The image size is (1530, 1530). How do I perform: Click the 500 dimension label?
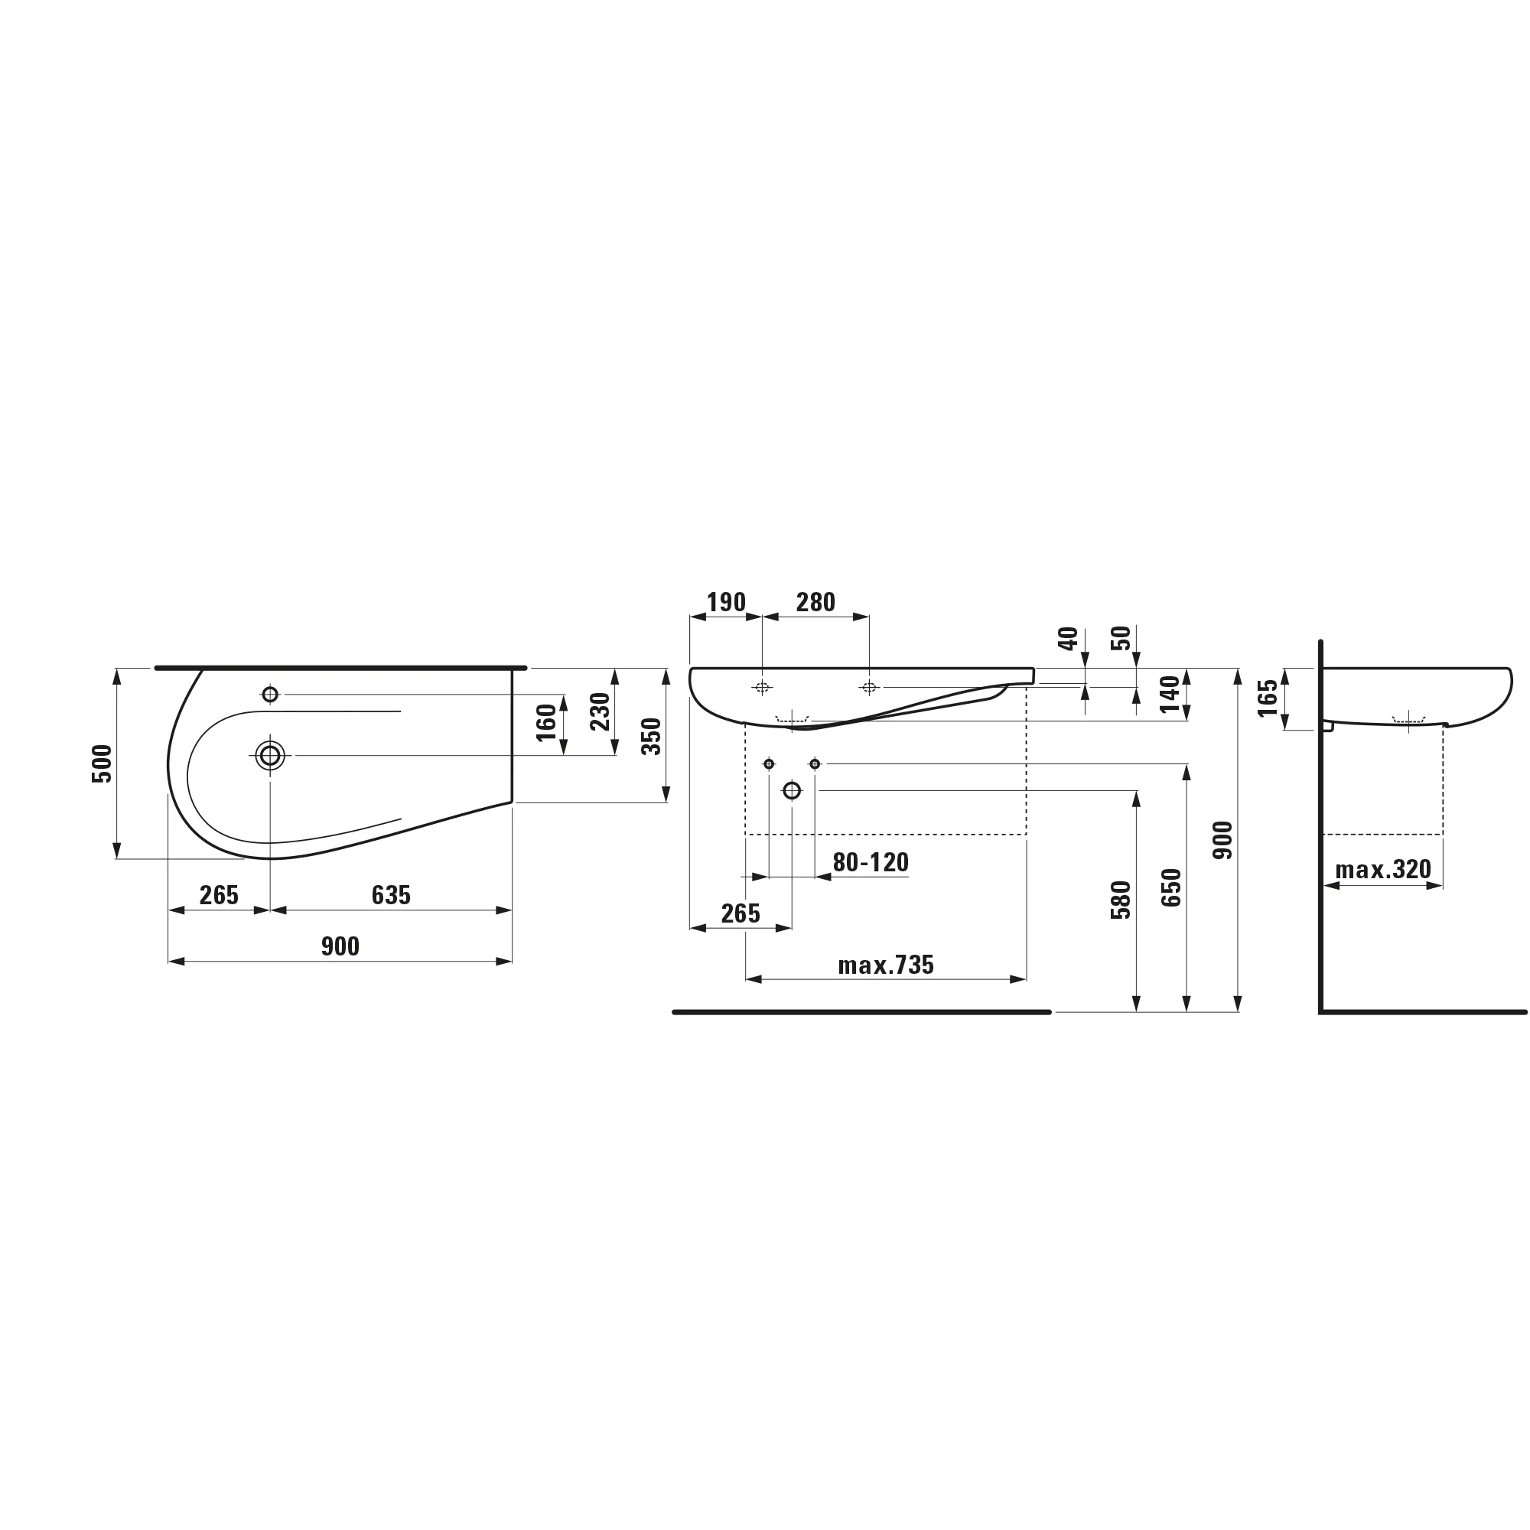pyautogui.click(x=103, y=763)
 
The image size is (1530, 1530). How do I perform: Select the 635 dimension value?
pyautogui.click(x=391, y=895)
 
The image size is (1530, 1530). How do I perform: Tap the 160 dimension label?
pyautogui.click(x=546, y=722)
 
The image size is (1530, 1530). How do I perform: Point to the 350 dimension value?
pyautogui.click(x=651, y=736)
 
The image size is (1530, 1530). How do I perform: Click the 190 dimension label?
pyautogui.click(x=726, y=603)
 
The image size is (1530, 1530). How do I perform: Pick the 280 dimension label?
pyautogui.click(x=815, y=603)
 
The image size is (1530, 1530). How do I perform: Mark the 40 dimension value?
pyautogui.click(x=1068, y=638)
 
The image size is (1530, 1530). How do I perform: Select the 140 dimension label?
pyautogui.click(x=1170, y=695)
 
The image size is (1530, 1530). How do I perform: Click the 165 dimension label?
pyautogui.click(x=1268, y=698)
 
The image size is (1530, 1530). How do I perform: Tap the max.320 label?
pyautogui.click(x=1383, y=870)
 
